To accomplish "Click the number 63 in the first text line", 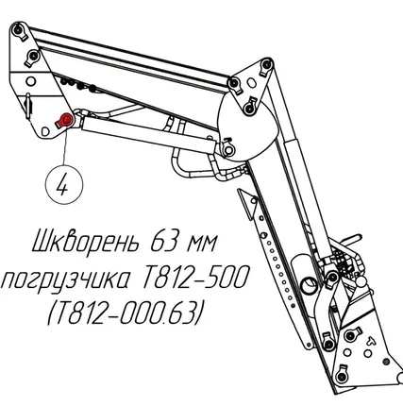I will tap(163, 239).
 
